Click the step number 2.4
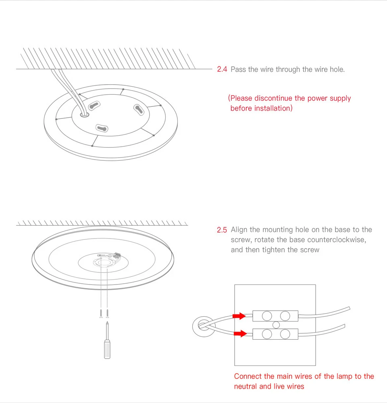pos(222,69)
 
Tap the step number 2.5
pos(222,230)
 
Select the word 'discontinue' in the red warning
pos(273,98)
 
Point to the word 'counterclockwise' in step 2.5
pos(336,240)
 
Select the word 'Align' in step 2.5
pos(239,230)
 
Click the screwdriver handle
pos(107,349)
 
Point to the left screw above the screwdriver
pos(101,313)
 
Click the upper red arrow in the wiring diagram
pos(239,316)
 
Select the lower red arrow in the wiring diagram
pos(239,333)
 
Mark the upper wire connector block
pos(276,316)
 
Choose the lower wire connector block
pos(276,333)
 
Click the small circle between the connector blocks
pos(276,324)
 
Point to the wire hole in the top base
pos(84,114)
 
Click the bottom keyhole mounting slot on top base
pos(102,128)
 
